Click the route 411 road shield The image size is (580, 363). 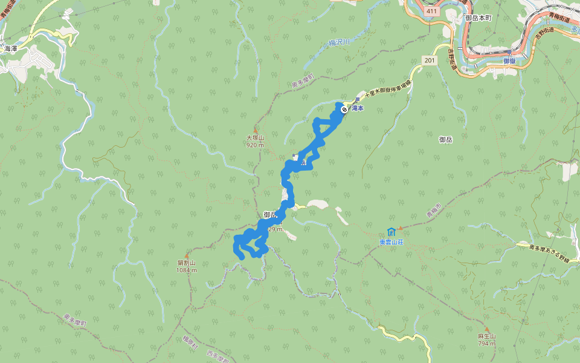pyautogui.click(x=431, y=11)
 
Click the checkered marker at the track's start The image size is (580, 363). pyautogui.click(x=344, y=110)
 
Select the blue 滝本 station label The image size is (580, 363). pyautogui.click(x=358, y=109)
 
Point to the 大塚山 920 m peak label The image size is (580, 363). pyautogui.click(x=256, y=142)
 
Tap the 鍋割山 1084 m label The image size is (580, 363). pyautogui.click(x=187, y=266)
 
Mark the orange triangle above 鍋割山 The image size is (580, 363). pyautogui.click(x=187, y=257)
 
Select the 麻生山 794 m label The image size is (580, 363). pyautogui.click(x=486, y=339)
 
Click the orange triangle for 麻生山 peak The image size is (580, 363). pyautogui.click(x=487, y=330)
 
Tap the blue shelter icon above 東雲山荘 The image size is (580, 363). pyautogui.click(x=391, y=232)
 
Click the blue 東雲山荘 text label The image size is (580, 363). pyautogui.click(x=391, y=242)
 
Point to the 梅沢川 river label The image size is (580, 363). pyautogui.click(x=340, y=42)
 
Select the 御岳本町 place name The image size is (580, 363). pyautogui.click(x=478, y=18)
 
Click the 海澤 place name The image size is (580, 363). pyautogui.click(x=11, y=48)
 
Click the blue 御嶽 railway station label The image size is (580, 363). pyautogui.click(x=509, y=61)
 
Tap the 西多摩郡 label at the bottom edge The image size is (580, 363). pyautogui.click(x=217, y=356)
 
